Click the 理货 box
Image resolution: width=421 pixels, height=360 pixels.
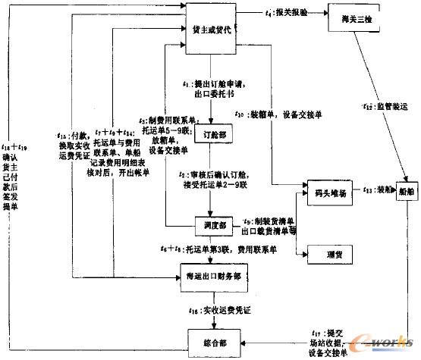(327, 253)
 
